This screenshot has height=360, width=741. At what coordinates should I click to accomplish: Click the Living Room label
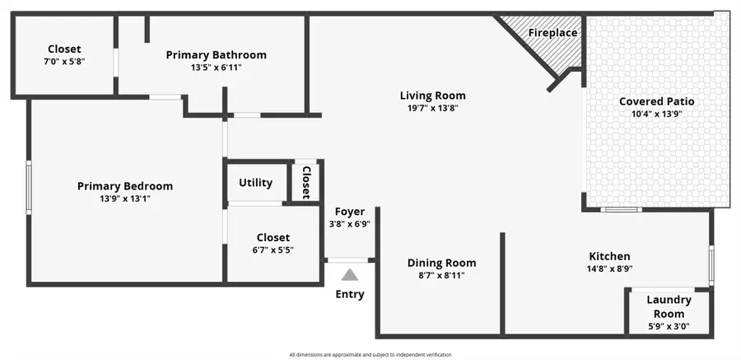pos(432,96)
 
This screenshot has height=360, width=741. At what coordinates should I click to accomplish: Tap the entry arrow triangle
pos(350,275)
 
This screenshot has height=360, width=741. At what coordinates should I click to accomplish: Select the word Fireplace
pos(552,33)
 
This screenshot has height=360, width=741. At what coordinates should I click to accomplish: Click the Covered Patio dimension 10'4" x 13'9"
pos(656,115)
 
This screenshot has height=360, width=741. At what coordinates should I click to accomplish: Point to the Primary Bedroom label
pos(125,186)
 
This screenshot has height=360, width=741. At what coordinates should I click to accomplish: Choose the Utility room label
pos(256,183)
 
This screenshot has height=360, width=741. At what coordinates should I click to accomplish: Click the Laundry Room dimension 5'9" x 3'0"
pos(668,326)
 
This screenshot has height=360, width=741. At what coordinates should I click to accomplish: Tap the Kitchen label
pos(609,256)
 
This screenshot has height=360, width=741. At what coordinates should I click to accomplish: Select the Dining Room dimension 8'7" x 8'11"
pos(441,276)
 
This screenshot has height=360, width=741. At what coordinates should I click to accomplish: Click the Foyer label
pos(349,212)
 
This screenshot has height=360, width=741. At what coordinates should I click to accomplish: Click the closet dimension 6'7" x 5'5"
pos(273,250)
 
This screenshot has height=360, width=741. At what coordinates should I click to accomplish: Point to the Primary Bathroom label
pos(217,55)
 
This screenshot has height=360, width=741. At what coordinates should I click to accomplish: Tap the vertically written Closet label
pos(305,182)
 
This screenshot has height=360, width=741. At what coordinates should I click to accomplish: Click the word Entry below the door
pos(350,294)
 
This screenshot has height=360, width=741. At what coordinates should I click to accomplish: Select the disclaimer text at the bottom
pos(370,355)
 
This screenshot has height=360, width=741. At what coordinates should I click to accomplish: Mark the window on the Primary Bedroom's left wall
pos(29,188)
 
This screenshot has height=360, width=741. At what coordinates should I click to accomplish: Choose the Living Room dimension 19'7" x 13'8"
pos(432,108)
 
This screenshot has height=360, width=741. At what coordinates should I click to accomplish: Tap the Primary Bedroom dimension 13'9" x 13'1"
pos(125,199)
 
